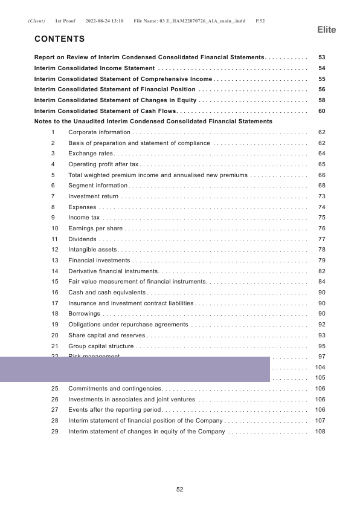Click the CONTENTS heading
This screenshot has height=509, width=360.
coord(60,39)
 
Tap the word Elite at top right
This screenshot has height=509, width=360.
coord(327,30)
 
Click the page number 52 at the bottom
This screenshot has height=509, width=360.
coord(179,490)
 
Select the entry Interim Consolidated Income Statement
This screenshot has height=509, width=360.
coord(95,68)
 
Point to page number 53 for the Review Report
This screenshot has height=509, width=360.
coord(321,57)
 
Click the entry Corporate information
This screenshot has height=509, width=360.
coord(99,132)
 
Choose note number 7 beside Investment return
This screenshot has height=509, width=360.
coord(54,196)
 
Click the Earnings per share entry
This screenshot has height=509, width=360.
coord(95,229)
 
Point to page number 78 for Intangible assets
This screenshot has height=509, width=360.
coord(321,250)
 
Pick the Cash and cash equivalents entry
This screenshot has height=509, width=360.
coord(107,293)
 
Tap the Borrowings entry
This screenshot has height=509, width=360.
coord(84,314)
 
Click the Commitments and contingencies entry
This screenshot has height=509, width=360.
coord(115,389)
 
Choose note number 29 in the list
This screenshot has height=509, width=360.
coord(55,432)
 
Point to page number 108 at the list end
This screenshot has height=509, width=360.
coord(321,432)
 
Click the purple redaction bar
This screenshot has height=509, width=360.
coord(134,369)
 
